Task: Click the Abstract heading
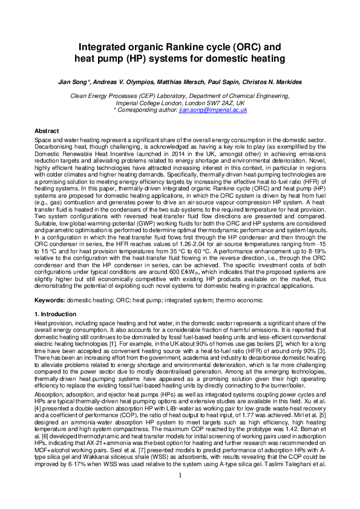pyautogui.click(x=47, y=131)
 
